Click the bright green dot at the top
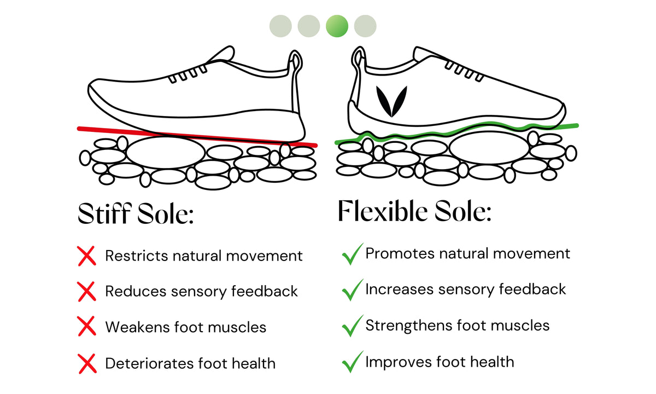pos(337,26)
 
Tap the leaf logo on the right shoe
pos(388,101)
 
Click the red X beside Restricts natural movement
pos(87,256)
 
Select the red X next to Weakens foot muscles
pos(87,327)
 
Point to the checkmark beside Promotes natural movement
pos(352,254)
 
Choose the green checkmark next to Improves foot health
pos(352,362)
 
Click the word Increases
pos(397,289)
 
